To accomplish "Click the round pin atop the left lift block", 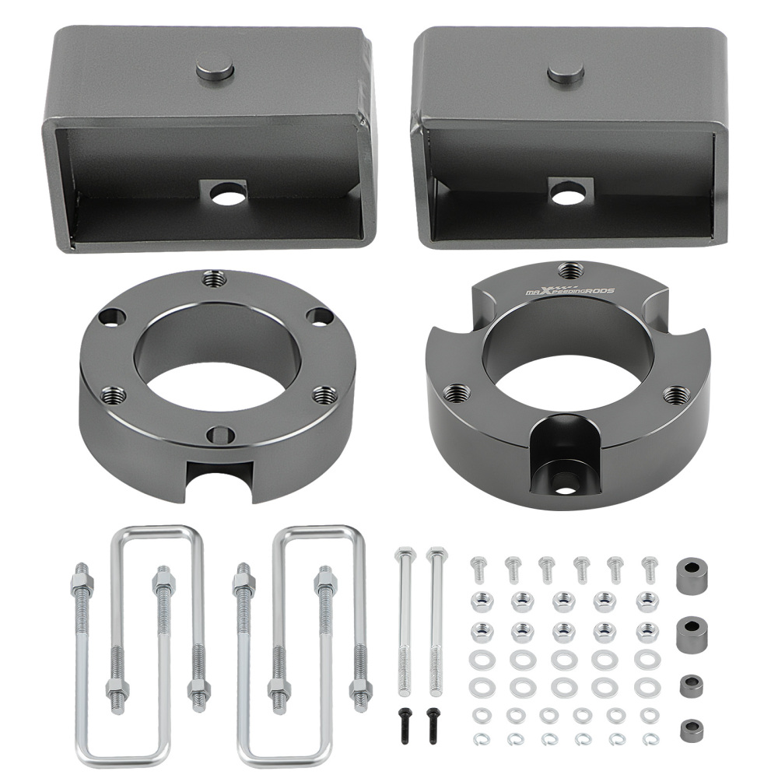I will (x=215, y=69).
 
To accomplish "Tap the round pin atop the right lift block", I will (x=566, y=72).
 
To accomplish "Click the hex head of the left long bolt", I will (x=405, y=555).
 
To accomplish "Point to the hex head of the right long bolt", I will (x=436, y=555).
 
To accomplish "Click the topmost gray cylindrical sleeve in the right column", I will (x=690, y=575).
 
